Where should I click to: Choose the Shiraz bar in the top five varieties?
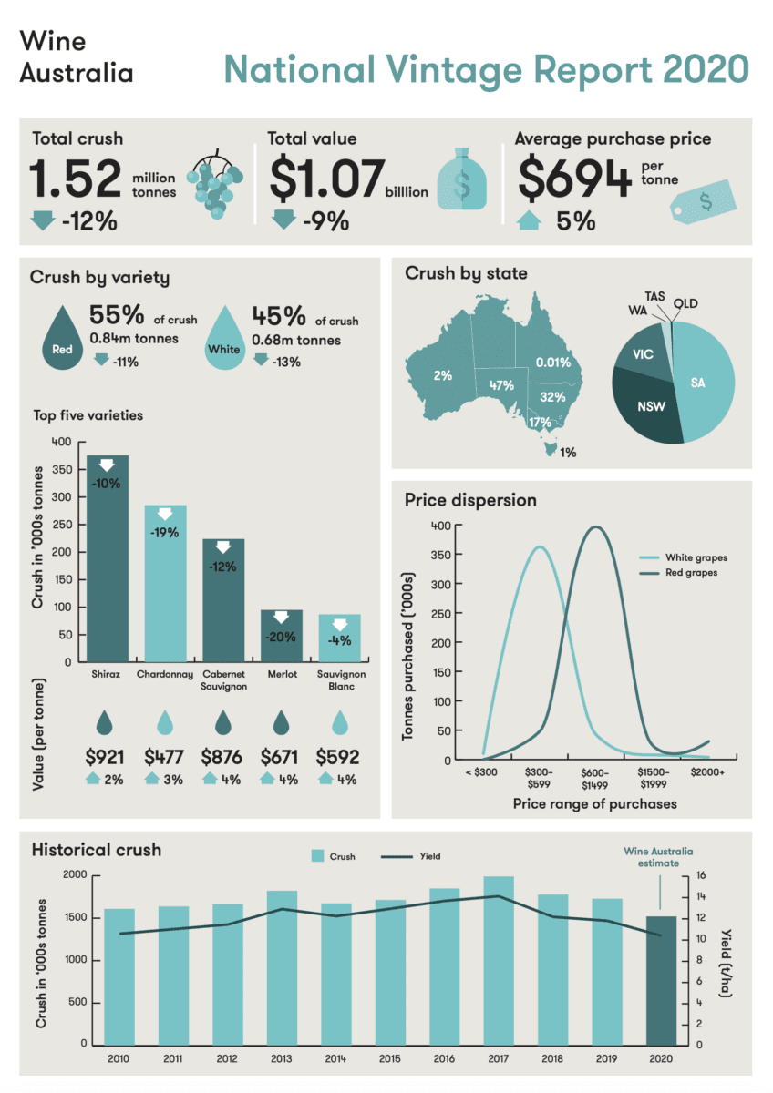tap(107, 557)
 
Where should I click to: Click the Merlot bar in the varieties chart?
tap(282, 635)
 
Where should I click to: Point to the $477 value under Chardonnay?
tap(164, 757)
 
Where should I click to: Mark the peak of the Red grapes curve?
tap(597, 526)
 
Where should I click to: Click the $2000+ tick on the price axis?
tap(709, 771)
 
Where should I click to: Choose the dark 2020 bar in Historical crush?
tap(662, 980)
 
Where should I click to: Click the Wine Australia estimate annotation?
tap(658, 858)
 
